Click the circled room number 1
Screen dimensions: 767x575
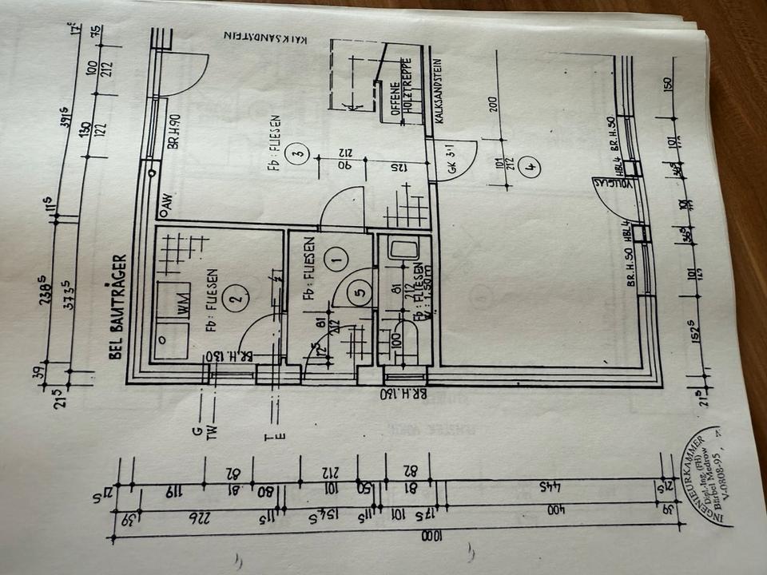click(x=336, y=257)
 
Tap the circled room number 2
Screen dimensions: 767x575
click(x=234, y=299)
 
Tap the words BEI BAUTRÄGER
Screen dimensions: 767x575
click(x=117, y=306)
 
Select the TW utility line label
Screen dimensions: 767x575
click(x=212, y=432)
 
